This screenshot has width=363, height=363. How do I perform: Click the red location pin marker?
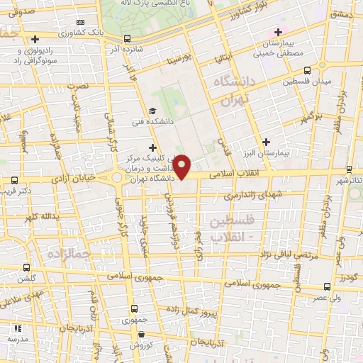point(182,167)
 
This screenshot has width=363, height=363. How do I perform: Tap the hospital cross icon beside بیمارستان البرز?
point(266,143)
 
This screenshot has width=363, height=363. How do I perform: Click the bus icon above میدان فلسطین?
point(307,70)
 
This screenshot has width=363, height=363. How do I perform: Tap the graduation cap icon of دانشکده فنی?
point(152,111)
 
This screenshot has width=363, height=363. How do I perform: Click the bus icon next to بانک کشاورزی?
point(127,39)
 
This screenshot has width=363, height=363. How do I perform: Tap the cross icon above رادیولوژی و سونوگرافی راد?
point(34,39)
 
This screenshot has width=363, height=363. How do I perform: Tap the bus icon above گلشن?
point(26,267)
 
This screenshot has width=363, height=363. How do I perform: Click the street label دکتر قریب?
point(16,191)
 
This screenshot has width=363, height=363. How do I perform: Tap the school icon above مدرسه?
point(17,328)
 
